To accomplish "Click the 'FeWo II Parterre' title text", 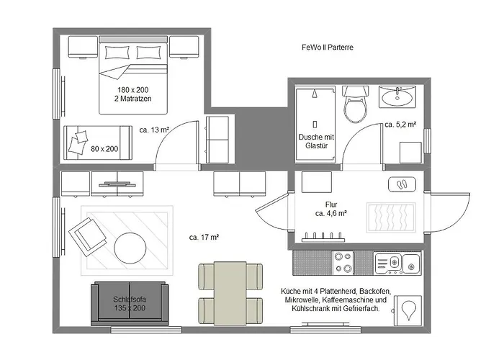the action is tap(328, 48).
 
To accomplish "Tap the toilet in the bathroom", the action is tap(355, 104).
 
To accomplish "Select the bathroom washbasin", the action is tap(397, 96).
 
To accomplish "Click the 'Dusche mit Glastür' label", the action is tap(316, 141).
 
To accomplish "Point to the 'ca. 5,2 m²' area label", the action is tap(400, 125).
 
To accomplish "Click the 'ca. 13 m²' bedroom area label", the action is tap(154, 130).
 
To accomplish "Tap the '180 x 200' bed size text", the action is tap(132, 90).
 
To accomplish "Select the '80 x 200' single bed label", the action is tap(104, 149).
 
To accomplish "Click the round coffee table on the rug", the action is tap(130, 248).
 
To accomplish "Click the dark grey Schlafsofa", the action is tap(130, 304).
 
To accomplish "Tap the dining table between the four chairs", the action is tap(230, 293).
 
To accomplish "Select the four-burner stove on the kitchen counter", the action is tap(343, 263).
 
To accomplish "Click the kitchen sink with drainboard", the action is tap(397, 263).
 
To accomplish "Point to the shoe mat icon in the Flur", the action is tap(402, 184).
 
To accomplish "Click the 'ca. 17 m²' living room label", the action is tap(204, 238).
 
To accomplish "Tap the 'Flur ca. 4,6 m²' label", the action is tap(331, 209).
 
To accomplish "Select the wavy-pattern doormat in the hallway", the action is tap(391, 217).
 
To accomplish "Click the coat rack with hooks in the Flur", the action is tap(323, 237).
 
